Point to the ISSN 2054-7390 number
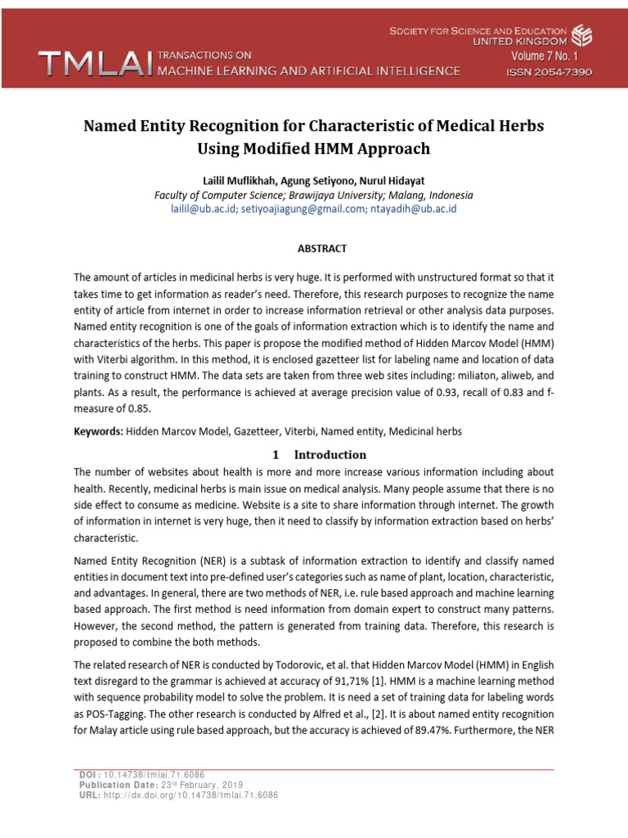pyautogui.click(x=548, y=72)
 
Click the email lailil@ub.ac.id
pyautogui.click(x=203, y=209)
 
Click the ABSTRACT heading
pyautogui.click(x=314, y=248)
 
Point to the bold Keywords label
pyautogui.click(x=98, y=430)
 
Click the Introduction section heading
pyautogui.click(x=330, y=454)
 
